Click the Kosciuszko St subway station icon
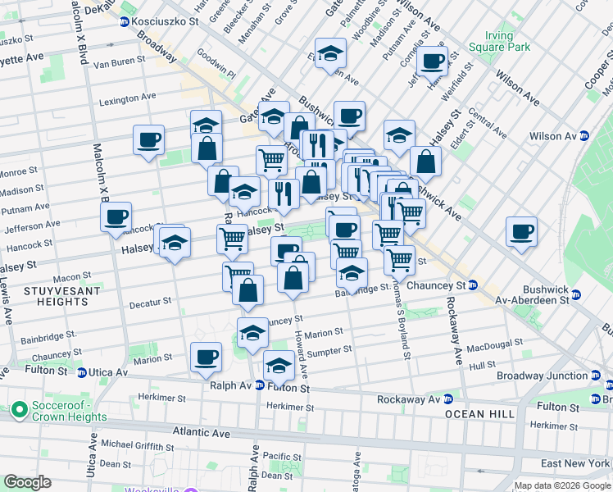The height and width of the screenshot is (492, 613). [124, 20]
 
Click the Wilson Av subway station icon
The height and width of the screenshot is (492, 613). [584, 136]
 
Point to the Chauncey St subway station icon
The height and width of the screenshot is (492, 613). [473, 285]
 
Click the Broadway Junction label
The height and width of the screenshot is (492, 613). [541, 376]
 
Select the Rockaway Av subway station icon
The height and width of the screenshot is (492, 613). [447, 399]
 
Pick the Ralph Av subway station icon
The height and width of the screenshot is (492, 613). [259, 385]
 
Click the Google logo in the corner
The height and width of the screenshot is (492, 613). [27, 482]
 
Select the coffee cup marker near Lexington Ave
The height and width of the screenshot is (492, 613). [148, 140]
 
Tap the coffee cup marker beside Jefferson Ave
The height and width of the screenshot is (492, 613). [116, 216]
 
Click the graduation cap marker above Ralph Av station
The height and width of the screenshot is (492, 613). [279, 365]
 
